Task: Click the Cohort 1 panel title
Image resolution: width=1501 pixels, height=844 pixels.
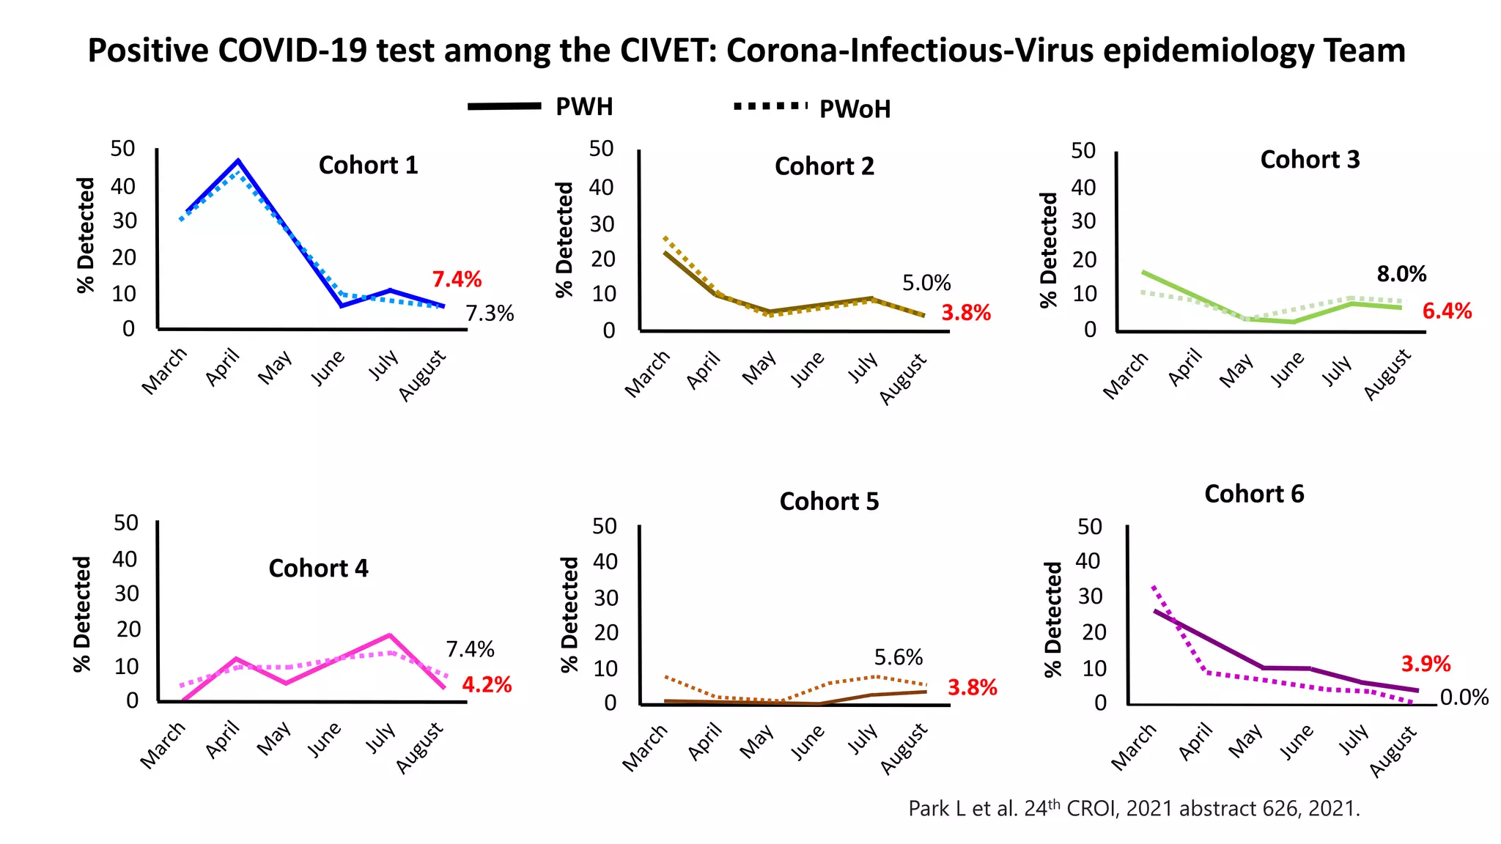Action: tap(368, 166)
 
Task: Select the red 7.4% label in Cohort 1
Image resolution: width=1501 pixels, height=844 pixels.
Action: tap(457, 279)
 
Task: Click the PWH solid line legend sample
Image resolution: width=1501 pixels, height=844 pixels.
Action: tap(504, 106)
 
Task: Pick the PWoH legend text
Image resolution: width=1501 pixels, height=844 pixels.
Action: tap(855, 109)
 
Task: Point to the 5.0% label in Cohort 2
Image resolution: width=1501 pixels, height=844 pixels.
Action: tap(926, 283)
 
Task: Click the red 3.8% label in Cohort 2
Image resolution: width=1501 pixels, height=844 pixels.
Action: tap(965, 313)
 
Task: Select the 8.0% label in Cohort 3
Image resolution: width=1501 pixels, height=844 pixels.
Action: tap(1401, 274)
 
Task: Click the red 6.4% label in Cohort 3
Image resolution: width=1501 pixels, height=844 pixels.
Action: tap(1446, 311)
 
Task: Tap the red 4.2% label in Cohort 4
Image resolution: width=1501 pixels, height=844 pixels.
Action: tap(486, 685)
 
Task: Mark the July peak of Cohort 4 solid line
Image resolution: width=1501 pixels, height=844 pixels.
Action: tap(390, 635)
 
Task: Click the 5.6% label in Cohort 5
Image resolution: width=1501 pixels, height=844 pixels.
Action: tap(898, 657)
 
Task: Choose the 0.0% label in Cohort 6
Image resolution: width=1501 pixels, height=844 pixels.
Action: tap(1464, 697)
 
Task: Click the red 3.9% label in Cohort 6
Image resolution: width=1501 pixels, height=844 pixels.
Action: tap(1425, 664)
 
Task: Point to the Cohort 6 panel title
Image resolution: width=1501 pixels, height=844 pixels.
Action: tap(1253, 495)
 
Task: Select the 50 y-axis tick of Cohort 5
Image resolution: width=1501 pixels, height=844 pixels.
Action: tap(604, 526)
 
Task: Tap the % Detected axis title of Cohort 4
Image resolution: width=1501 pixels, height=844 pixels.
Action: tap(82, 613)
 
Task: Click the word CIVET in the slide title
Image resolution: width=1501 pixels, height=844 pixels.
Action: tap(668, 51)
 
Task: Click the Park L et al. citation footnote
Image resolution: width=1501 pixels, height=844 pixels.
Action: tap(1133, 808)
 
